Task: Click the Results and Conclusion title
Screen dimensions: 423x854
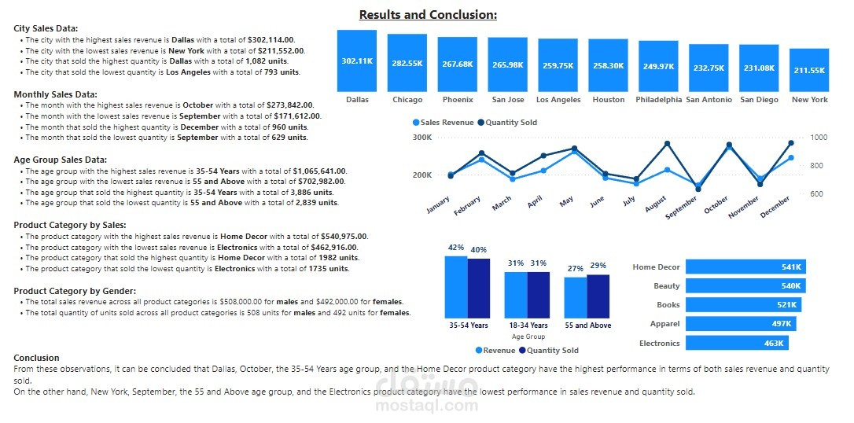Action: (x=428, y=15)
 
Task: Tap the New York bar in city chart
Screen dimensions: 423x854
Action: (x=809, y=70)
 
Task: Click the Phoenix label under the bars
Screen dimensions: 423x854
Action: (x=457, y=100)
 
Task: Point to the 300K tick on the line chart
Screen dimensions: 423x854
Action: (x=422, y=138)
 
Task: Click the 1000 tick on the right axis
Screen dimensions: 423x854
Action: (x=819, y=138)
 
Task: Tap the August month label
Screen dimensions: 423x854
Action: (x=653, y=206)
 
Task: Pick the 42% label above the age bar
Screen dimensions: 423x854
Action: (x=455, y=248)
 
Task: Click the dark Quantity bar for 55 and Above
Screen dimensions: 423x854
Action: (x=598, y=296)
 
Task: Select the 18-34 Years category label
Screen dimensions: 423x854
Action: (x=528, y=326)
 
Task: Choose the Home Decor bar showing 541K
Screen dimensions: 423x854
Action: (x=745, y=267)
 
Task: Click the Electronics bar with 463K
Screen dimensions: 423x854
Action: (x=737, y=343)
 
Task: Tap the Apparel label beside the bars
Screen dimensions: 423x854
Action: (x=664, y=324)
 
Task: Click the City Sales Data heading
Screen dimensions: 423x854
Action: (x=46, y=28)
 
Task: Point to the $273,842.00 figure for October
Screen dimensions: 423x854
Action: (x=291, y=105)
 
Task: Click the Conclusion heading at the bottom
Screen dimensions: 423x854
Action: (x=36, y=358)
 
